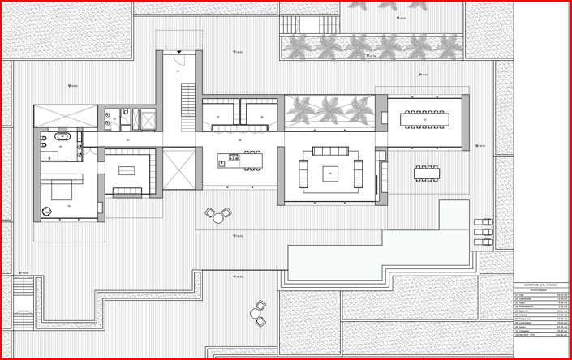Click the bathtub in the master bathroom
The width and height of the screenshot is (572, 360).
point(62,136)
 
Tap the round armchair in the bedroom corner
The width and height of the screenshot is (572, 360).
point(47,212)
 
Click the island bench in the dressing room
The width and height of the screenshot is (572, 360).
point(127,171)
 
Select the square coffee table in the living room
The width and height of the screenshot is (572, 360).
point(330,173)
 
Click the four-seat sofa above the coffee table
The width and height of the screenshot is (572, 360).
point(330,151)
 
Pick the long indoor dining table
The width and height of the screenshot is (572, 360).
point(424,119)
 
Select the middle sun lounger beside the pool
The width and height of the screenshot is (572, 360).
point(483,232)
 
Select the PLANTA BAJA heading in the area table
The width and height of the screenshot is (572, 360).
point(540,290)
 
